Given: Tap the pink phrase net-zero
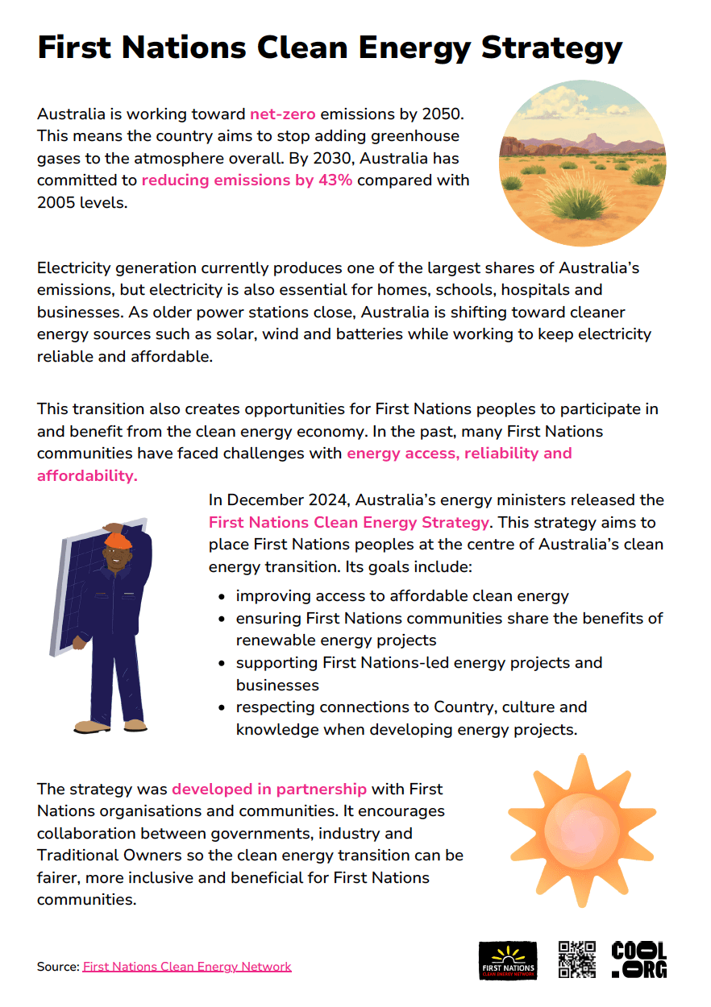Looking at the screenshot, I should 282,114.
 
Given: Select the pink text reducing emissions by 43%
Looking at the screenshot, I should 247,180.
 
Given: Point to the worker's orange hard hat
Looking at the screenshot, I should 118,539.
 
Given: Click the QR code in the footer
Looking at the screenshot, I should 577,959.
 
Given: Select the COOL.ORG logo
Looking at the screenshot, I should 639,959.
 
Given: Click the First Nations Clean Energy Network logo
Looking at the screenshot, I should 508,960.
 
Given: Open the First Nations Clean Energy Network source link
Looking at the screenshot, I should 187,967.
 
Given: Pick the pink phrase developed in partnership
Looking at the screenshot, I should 269,789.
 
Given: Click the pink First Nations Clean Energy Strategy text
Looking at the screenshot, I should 348,522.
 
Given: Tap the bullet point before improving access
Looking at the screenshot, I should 222,597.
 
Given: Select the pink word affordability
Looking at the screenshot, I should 87,475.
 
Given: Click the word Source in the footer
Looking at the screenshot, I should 56,967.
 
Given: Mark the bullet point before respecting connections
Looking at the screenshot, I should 222,708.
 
